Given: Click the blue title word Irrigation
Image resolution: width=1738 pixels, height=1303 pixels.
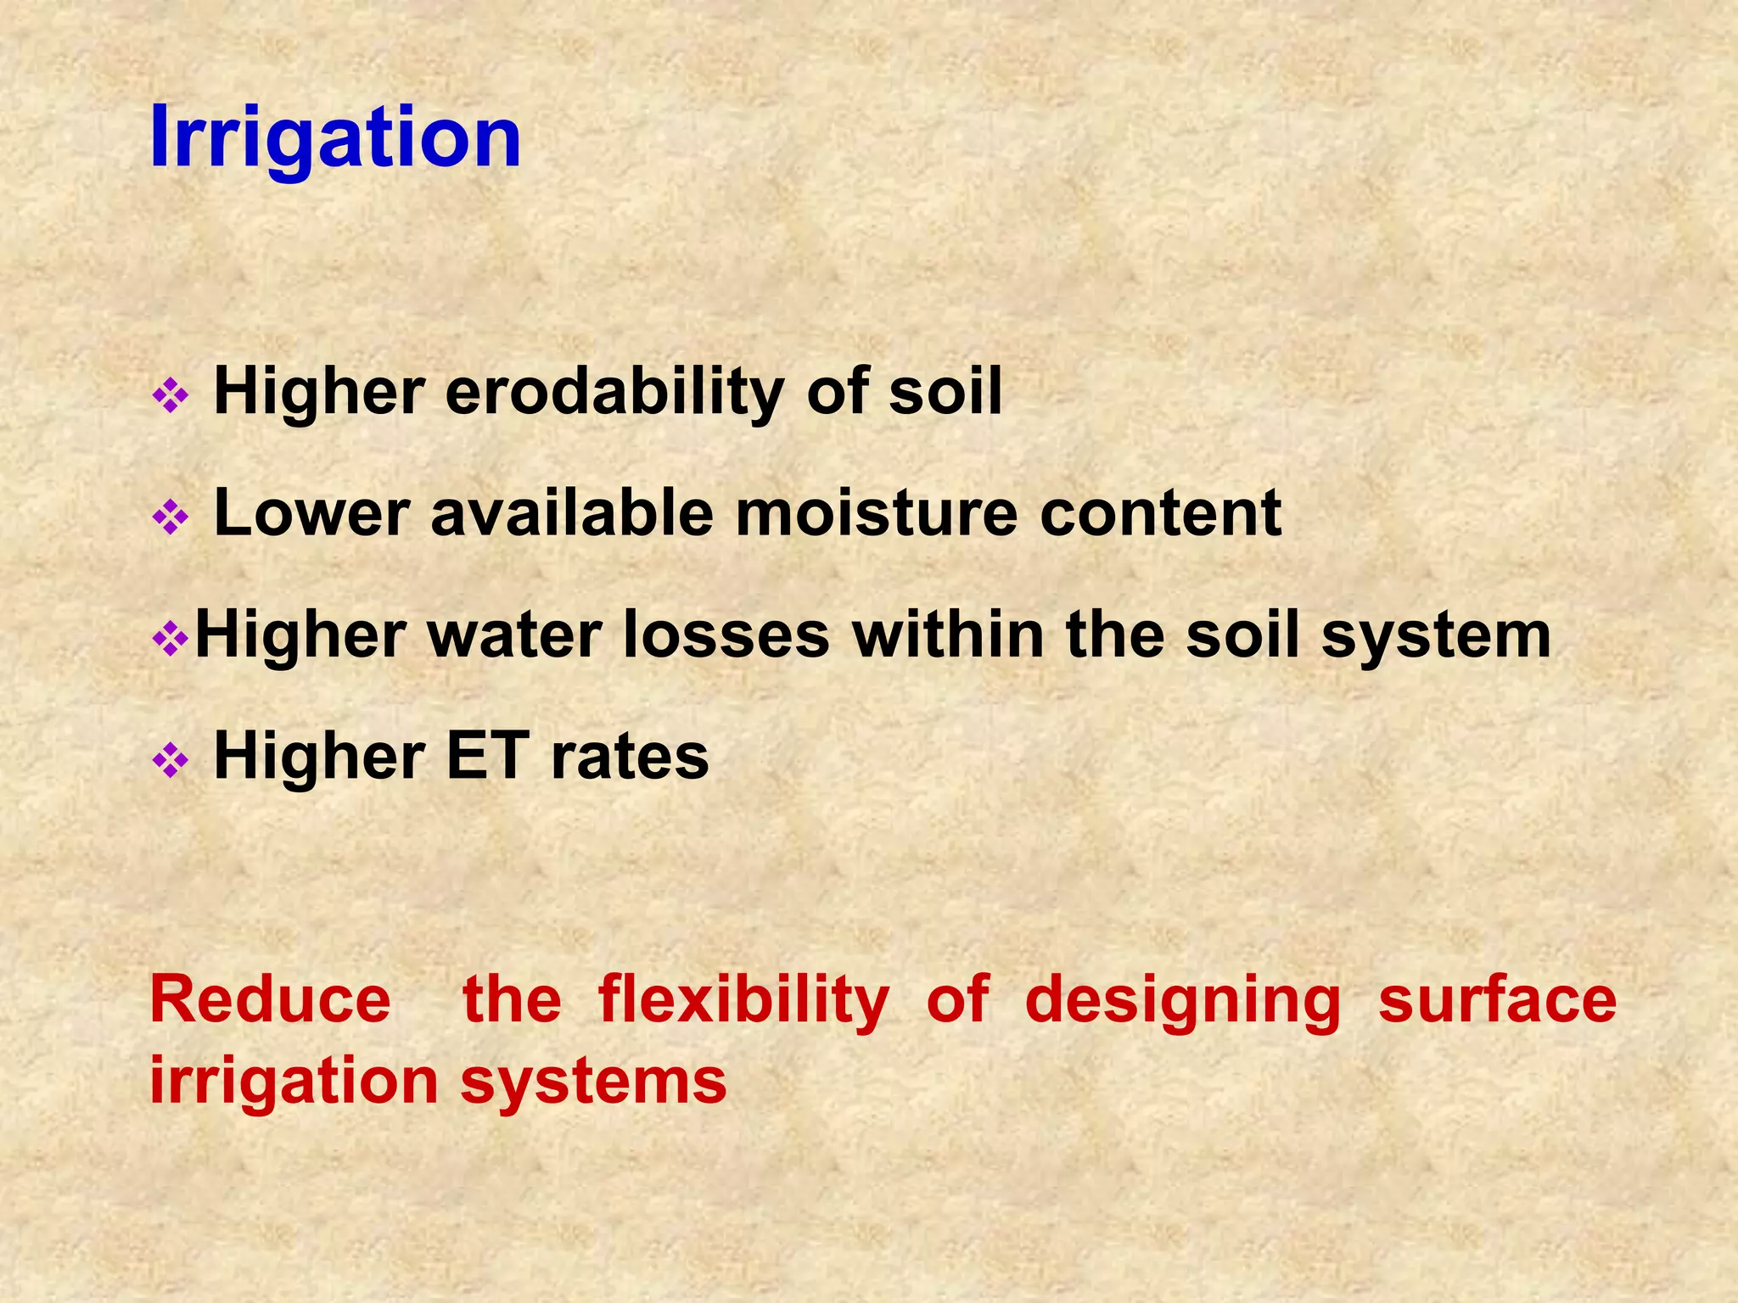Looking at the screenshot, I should coord(334,137).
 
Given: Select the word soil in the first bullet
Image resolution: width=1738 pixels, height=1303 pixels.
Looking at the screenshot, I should coord(945,392).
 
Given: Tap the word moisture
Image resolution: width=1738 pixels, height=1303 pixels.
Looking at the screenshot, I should coord(876,514).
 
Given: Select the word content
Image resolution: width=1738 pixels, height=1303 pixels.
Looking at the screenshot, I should coord(1160,514).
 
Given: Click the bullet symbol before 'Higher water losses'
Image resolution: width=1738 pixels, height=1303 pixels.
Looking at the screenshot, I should coord(170,639).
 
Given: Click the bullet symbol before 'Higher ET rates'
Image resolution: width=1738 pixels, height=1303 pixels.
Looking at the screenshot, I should coord(170,760).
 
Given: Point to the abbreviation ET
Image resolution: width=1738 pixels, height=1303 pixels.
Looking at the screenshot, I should coord(487,757).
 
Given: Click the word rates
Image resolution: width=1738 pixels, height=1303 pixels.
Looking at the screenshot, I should coord(630,758).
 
